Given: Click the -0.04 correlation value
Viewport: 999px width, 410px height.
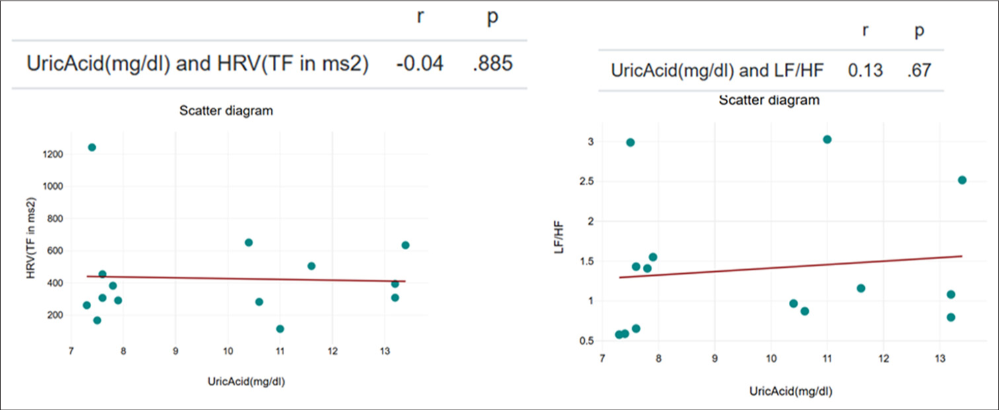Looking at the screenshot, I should [x=420, y=64].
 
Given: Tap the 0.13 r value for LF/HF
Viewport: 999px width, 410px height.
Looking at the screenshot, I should [x=865, y=70].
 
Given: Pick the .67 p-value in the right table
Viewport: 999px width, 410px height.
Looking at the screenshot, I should [x=919, y=70].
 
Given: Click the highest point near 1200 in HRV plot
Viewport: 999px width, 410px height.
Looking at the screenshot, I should [x=92, y=147].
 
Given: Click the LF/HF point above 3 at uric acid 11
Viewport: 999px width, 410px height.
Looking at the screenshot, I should [x=827, y=140].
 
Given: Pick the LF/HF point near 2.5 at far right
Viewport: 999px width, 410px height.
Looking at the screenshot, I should [x=962, y=180].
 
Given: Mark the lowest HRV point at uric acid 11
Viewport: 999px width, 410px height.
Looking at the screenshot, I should [x=280, y=329].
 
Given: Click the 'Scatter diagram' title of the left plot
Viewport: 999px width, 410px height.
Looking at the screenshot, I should [x=226, y=111].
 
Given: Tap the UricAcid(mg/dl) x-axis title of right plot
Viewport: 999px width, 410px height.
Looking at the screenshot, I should [x=790, y=391].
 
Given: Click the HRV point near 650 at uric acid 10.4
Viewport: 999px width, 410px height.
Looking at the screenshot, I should [x=248, y=243].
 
